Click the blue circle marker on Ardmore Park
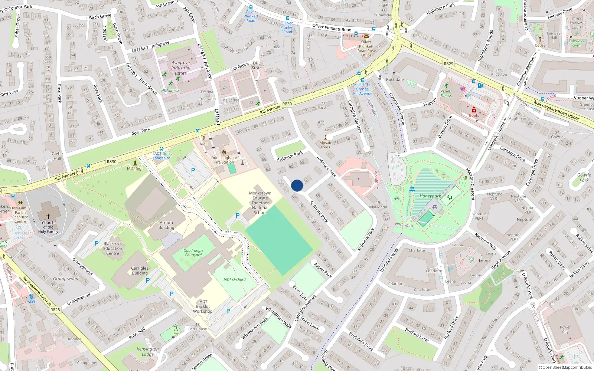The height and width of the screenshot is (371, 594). [297, 185]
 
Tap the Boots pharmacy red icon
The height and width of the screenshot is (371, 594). [474, 110]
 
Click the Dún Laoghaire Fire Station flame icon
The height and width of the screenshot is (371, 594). [224, 152]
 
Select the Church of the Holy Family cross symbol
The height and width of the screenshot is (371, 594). [48, 216]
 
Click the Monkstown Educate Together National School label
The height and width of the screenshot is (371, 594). [260, 203]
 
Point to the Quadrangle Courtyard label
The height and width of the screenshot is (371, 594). [193, 253]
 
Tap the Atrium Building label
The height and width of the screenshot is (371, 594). [166, 225]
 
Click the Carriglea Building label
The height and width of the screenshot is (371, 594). [140, 270]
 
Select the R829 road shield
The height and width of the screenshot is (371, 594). [448, 64]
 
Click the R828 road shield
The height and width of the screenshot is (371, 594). [55, 310]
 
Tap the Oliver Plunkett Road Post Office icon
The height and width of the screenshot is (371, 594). [366, 36]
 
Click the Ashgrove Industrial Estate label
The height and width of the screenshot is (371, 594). [181, 68]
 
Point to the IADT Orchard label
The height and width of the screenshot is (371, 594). [235, 279]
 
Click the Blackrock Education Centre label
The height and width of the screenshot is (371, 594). [112, 249]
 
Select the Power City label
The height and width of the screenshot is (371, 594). [565, 329]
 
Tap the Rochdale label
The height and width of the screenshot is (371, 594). [395, 79]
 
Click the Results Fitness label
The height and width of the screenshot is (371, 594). [446, 93]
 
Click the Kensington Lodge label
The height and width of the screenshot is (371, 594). [147, 351]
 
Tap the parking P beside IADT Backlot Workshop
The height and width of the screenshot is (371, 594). [228, 311]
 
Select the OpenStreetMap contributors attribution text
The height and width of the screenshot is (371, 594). [565, 368]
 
